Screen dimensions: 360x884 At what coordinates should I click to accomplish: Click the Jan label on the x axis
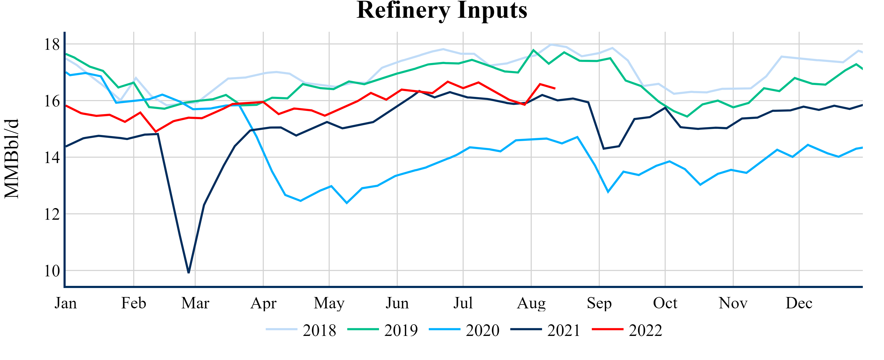[66, 303]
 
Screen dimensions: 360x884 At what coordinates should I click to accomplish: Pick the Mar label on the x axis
[195, 303]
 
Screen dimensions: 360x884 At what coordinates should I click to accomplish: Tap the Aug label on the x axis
[531, 303]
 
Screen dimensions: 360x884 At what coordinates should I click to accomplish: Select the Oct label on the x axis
[665, 303]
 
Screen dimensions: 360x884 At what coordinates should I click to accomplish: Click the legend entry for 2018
[301, 330]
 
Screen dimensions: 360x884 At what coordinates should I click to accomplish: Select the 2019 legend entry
[383, 330]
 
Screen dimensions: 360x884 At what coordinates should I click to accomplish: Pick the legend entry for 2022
[627, 330]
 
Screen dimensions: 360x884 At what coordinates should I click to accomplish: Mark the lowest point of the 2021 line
[189, 272]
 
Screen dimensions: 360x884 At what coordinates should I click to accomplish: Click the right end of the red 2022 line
[555, 88]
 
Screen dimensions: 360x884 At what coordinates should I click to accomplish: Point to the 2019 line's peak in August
[533, 50]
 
